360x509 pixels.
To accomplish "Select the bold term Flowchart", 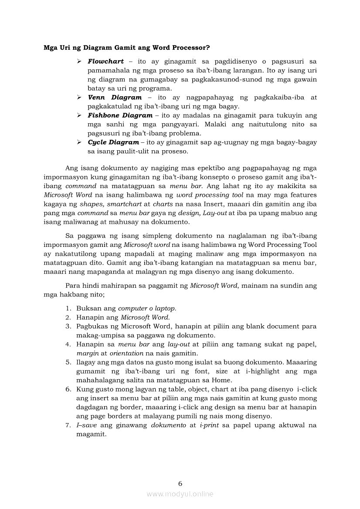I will tap(105, 61).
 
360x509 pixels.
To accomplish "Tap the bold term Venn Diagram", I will tap(115, 98).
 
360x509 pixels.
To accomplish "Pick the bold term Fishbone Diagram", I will tap(120, 115).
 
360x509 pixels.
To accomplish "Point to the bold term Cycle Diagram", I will tap(113, 142).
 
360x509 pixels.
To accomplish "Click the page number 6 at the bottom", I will tap(180, 483).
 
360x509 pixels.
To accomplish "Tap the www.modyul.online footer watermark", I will tap(180, 494).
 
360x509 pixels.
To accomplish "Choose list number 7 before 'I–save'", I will tap(68, 425).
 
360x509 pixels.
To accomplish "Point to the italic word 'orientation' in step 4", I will tap(126, 353).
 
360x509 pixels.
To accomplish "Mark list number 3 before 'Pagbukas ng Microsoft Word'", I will tap(68, 326).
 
